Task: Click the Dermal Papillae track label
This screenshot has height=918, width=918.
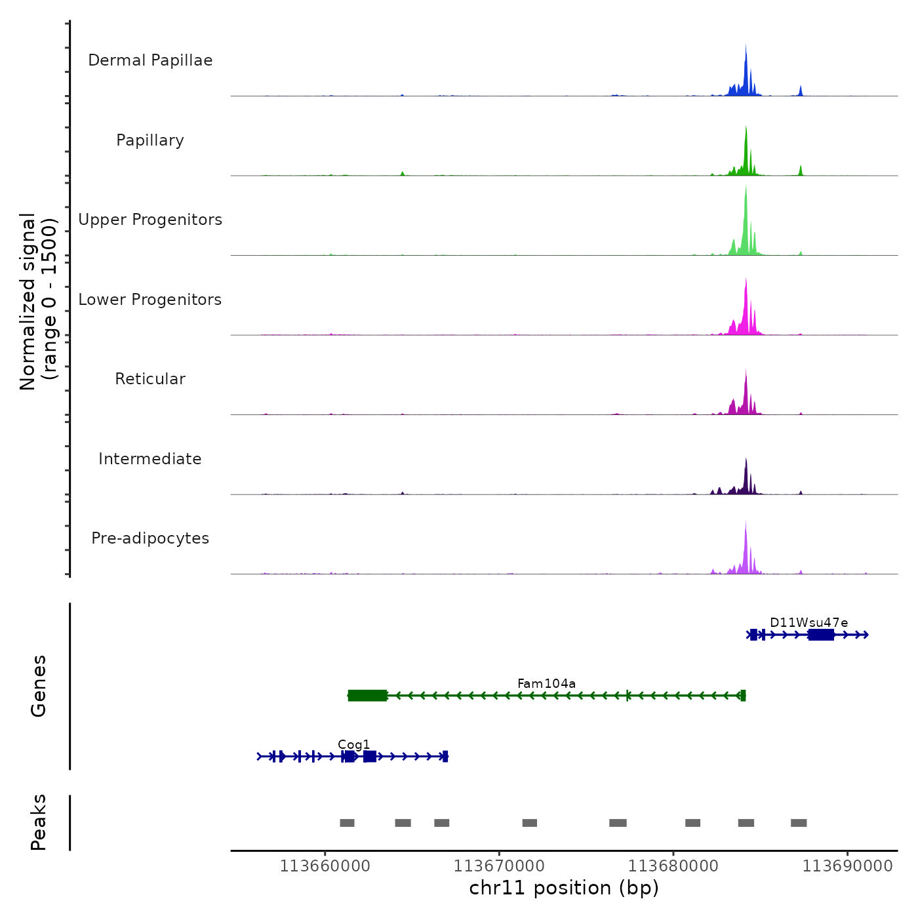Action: (x=150, y=60)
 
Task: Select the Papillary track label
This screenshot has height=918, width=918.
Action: (x=150, y=140)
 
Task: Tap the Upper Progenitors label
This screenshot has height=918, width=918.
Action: (x=150, y=220)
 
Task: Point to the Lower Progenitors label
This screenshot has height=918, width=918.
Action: (x=150, y=300)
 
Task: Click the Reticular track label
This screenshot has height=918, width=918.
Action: (x=150, y=379)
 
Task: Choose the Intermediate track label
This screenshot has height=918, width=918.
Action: (x=150, y=459)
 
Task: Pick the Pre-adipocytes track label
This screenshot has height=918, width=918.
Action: (x=150, y=538)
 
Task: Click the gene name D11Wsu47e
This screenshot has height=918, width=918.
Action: (x=808, y=622)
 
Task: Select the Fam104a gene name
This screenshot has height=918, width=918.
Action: (x=546, y=683)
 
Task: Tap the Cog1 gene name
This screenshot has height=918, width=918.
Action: (x=353, y=744)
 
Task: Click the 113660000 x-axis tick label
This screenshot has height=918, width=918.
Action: (x=325, y=866)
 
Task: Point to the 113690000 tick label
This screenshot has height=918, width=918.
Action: (x=847, y=866)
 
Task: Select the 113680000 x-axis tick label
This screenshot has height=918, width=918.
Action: (x=673, y=866)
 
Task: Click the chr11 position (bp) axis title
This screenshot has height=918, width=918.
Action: (x=564, y=888)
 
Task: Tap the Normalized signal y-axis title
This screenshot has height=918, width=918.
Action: (x=38, y=301)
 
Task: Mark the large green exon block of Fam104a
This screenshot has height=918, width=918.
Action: (x=367, y=696)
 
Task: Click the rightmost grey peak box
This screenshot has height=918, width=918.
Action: (x=798, y=823)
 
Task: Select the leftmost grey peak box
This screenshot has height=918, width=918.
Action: (x=347, y=823)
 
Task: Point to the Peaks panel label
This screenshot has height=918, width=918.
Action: (x=39, y=822)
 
